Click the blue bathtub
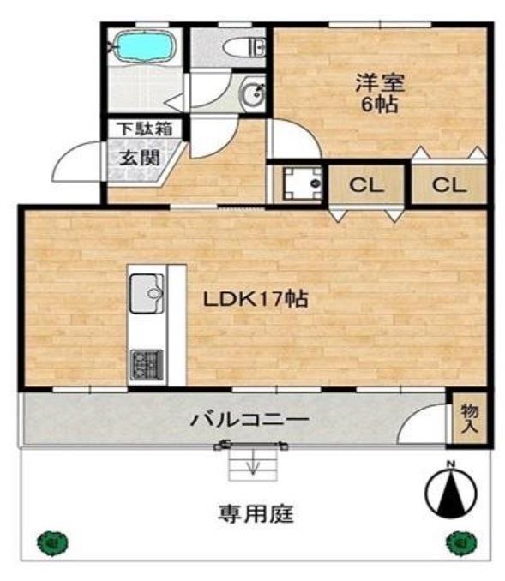pos(145,46)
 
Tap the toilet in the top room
pos(245,48)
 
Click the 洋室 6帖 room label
pos(380,93)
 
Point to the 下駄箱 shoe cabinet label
pos(145,129)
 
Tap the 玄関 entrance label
pos(140,159)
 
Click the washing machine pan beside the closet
pos(302,183)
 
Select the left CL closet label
pos(366,184)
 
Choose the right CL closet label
pos(448,184)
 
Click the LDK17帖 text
pos(256,299)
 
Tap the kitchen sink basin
pos(147,293)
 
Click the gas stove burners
pos(147,365)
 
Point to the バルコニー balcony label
pos(249,420)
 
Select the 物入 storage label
pos(469,419)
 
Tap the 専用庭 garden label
pos(256,513)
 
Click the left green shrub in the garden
pos(52,542)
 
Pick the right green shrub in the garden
pos(461,543)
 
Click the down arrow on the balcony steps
pos(253,463)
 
